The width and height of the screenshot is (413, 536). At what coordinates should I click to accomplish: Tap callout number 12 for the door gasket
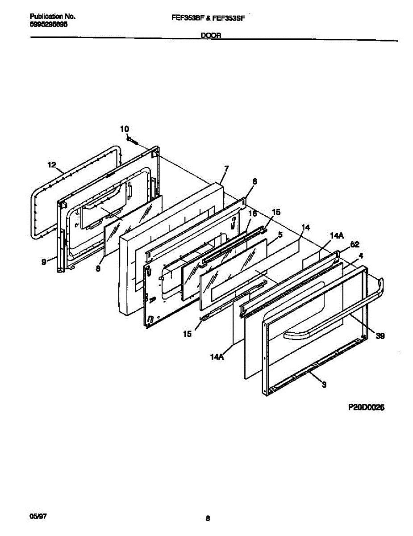coord(52,165)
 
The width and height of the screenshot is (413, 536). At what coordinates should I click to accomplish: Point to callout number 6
coord(254,181)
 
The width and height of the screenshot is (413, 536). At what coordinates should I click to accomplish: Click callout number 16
coord(252,214)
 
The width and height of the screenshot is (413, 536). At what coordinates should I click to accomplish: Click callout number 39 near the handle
coord(380,336)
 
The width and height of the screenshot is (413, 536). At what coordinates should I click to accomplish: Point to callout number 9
coord(44,263)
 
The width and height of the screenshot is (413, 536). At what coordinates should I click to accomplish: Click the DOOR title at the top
coord(211,36)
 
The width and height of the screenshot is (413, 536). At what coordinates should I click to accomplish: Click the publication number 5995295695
coord(49,25)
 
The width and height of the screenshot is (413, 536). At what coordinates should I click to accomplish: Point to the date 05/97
coord(38,516)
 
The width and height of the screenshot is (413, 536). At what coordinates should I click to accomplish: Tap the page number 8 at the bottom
coord(208,519)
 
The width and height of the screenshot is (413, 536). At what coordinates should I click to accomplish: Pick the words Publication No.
coord(52,16)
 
